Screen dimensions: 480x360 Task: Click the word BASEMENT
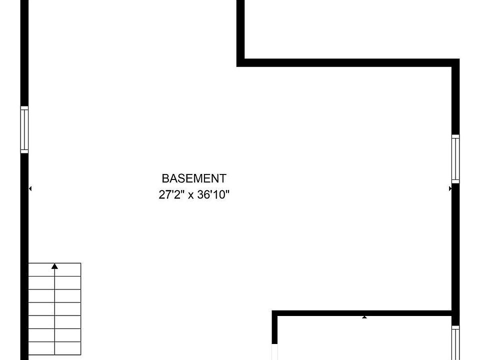click(194, 178)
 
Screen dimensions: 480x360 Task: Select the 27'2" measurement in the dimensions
click(169, 194)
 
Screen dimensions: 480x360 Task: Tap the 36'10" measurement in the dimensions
click(213, 194)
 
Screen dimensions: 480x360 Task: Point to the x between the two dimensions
click(190, 195)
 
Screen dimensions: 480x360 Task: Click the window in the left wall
click(24, 129)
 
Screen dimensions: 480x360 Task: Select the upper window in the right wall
click(455, 159)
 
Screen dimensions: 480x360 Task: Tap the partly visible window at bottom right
click(455, 343)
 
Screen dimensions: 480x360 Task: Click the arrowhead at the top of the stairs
click(54, 266)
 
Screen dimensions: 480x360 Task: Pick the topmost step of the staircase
click(54, 269)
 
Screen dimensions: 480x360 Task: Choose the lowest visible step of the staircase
click(54, 348)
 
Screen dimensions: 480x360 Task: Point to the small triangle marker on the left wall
click(30, 188)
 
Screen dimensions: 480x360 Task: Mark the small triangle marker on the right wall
click(450, 188)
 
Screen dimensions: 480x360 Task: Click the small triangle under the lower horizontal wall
click(364, 317)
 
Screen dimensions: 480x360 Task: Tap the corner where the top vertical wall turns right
click(240, 63)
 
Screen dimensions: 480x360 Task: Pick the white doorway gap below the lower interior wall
click(274, 352)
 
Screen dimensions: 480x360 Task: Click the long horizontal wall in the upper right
click(348, 63)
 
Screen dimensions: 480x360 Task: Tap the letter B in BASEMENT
click(165, 178)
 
